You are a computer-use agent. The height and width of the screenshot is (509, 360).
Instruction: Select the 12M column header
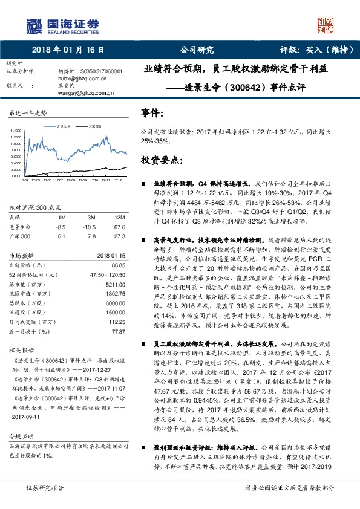pos(120,216)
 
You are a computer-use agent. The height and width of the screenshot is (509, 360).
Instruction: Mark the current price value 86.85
pos(117,265)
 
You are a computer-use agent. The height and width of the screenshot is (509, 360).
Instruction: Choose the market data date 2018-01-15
pos(110,256)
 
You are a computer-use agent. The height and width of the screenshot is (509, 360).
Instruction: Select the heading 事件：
pos(151,112)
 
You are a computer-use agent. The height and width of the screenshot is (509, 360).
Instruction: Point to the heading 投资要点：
pos(160,160)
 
